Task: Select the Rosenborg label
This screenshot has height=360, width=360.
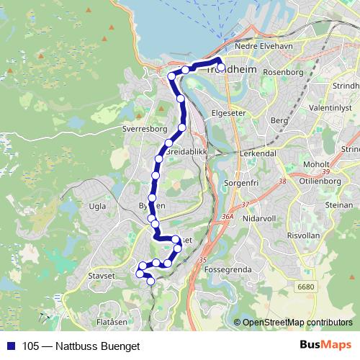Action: coord(284,72)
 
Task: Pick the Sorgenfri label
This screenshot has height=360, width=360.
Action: coord(243,184)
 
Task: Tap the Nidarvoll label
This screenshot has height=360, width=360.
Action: coord(257,217)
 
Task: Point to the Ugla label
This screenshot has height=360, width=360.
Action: coord(96,205)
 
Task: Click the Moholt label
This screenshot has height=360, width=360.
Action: coord(317,164)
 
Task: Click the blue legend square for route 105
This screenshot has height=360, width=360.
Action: coord(11,346)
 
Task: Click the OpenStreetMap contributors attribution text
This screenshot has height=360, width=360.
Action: coord(297,323)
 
